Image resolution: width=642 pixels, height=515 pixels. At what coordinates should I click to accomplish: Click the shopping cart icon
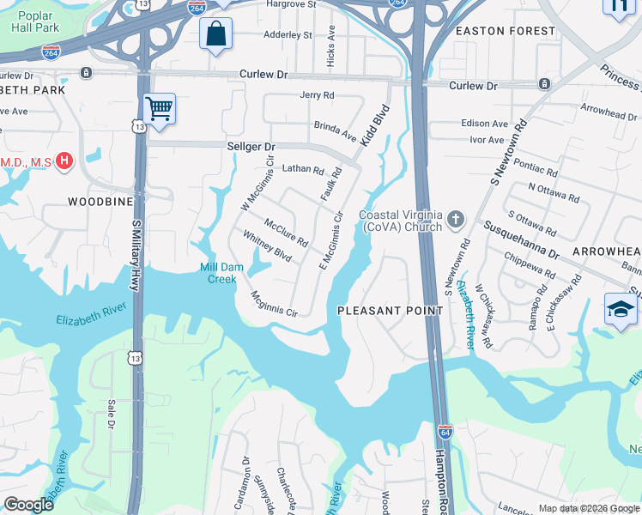tap(159, 109)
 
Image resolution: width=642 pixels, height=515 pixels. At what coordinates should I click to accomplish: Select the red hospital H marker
tap(64, 161)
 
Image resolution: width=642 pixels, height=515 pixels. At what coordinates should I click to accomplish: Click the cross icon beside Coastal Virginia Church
tap(456, 221)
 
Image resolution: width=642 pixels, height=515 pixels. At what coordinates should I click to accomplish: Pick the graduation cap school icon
tap(621, 308)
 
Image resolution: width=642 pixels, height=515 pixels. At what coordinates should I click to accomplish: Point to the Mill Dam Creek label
tap(218, 273)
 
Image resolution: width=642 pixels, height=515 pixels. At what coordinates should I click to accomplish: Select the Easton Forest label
tap(506, 31)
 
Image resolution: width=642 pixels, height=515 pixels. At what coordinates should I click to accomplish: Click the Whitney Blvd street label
tap(267, 246)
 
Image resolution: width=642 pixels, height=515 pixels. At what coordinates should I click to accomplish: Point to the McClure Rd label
tap(286, 232)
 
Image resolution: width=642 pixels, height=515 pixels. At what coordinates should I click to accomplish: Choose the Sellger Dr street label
tap(250, 147)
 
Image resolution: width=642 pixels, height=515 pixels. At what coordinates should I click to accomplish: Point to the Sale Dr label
tap(111, 414)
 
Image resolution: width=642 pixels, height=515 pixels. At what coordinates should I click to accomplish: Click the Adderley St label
tap(288, 35)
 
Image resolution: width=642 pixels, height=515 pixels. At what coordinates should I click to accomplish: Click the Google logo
tap(28, 505)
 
